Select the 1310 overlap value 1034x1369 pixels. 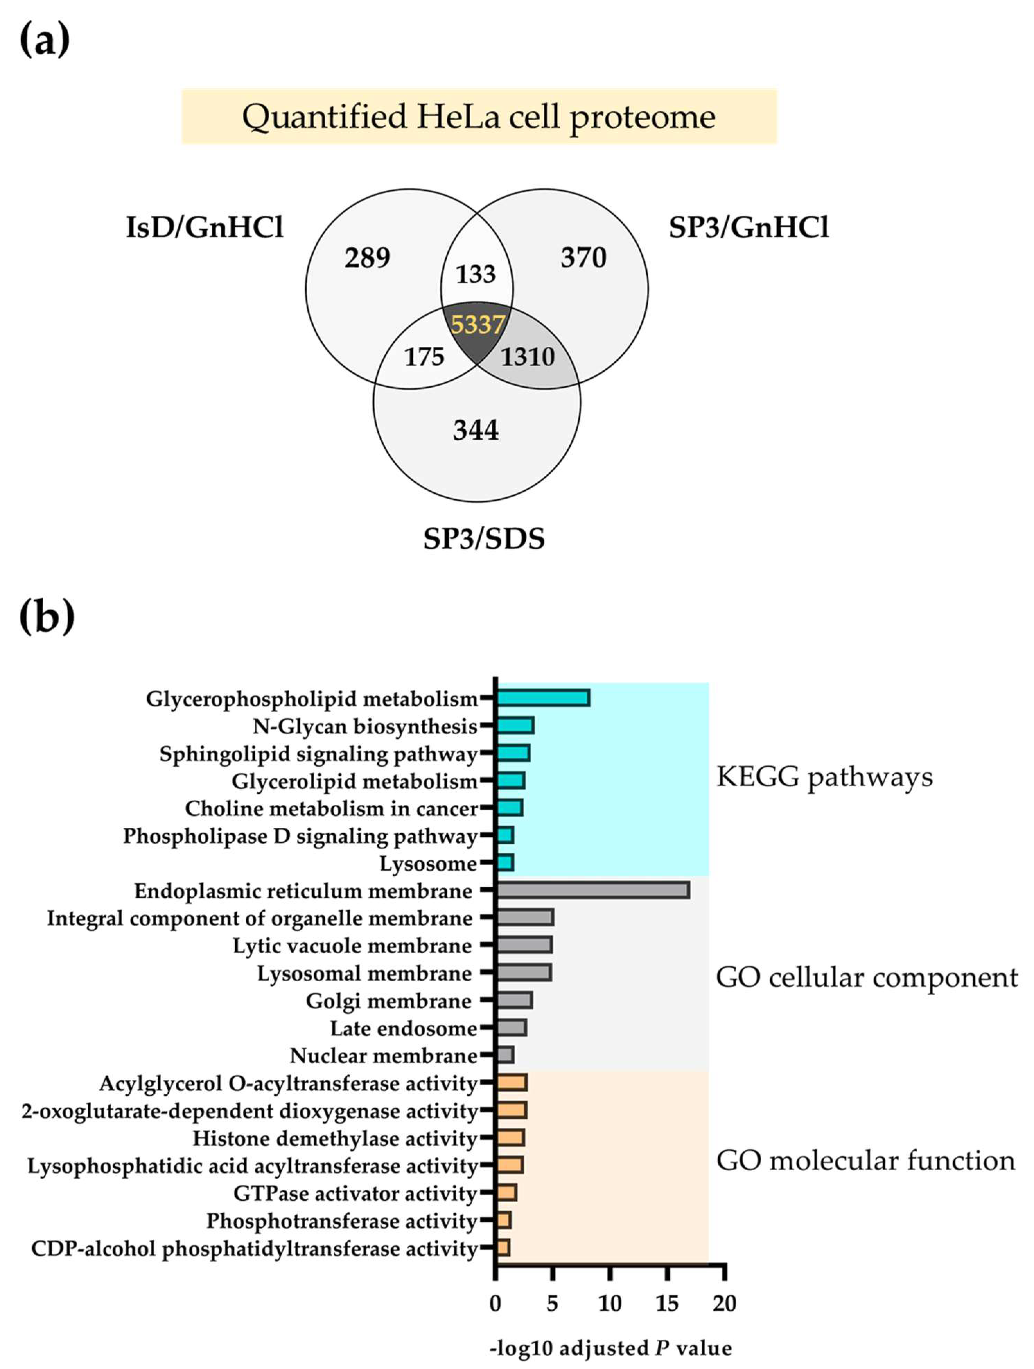pos(527,357)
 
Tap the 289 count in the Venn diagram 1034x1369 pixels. pos(367,257)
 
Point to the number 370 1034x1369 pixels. pos(583,257)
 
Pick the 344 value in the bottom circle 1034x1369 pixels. pos(475,430)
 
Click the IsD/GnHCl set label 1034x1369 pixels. pos(205,228)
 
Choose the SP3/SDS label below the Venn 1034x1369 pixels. pos(484,539)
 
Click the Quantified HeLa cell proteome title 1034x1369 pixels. pos(479,117)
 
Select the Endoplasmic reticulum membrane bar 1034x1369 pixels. pos(593,890)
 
